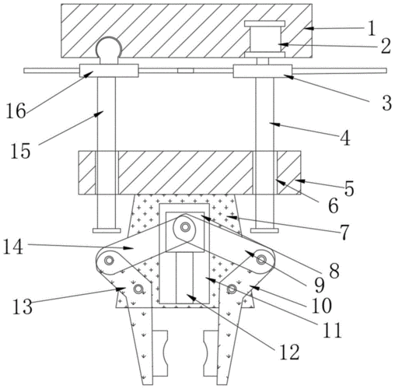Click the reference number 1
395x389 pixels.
pyautogui.click(x=372, y=29)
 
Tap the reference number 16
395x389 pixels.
pyautogui.click(x=16, y=110)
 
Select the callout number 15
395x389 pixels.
pyautogui.click(x=20, y=151)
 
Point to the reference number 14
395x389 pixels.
pyautogui.click(x=13, y=247)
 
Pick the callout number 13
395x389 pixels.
pyautogui.click(x=23, y=307)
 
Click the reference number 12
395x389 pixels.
pyautogui.click(x=289, y=352)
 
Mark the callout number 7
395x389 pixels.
pyautogui.click(x=344, y=232)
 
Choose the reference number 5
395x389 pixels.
pyautogui.click(x=349, y=188)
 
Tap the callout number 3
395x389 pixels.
pyautogui.click(x=387, y=103)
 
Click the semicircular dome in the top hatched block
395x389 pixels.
pyautogui.click(x=109, y=47)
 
